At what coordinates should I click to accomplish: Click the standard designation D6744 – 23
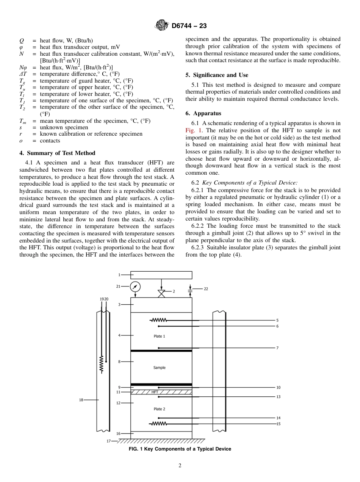(x=189, y=26)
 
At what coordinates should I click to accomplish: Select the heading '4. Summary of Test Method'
(x=57, y=153)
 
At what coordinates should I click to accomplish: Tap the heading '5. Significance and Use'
(x=217, y=75)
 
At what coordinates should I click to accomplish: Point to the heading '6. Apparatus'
(x=203, y=113)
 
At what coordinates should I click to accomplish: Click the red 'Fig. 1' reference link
(x=193, y=130)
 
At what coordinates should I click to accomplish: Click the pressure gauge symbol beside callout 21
(x=135, y=287)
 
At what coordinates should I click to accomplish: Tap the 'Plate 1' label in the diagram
(x=159, y=336)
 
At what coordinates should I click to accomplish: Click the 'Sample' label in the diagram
(x=159, y=368)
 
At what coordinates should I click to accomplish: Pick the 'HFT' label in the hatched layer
(x=155, y=392)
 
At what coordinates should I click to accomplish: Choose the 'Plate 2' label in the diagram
(x=159, y=409)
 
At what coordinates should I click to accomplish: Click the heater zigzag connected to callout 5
(x=159, y=320)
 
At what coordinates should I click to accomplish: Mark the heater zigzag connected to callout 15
(x=159, y=424)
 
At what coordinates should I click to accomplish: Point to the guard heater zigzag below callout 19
(x=102, y=365)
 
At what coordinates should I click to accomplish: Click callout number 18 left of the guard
(x=81, y=400)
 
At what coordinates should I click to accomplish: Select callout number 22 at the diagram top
(x=206, y=289)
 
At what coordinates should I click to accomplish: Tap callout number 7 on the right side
(x=277, y=348)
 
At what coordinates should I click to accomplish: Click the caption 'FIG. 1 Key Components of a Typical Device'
(x=180, y=449)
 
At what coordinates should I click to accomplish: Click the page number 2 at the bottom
(x=180, y=466)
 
